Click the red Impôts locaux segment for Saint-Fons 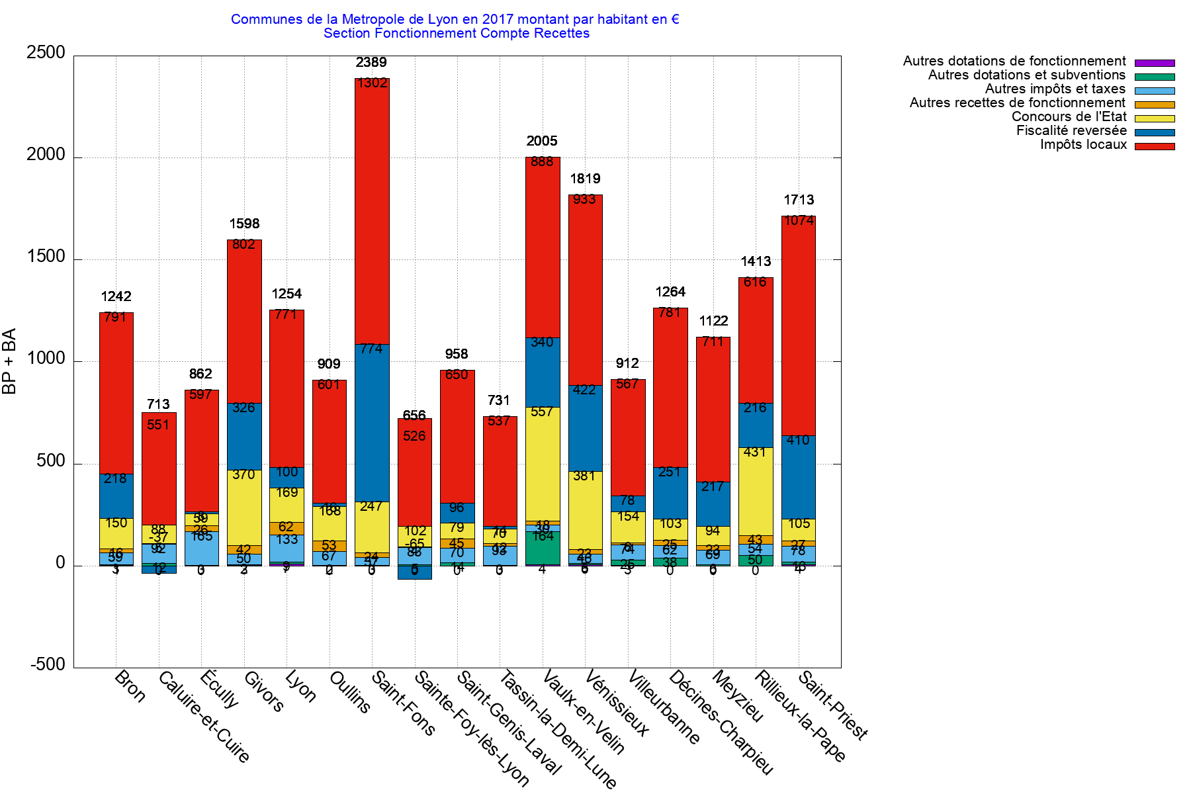[x=372, y=212]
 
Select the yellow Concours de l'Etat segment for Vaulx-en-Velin [x=543, y=463]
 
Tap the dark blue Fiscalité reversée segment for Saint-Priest [x=799, y=476]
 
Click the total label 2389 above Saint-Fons [x=371, y=62]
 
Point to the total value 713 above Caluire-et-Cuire [x=158, y=404]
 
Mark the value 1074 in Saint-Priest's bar [x=799, y=220]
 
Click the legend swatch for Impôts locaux [x=1155, y=146]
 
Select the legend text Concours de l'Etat [x=1069, y=117]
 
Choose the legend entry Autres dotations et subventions [x=1026, y=75]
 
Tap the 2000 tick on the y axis [x=46, y=155]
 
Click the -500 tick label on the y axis [x=48, y=665]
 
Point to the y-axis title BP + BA [x=9, y=361]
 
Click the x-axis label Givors [x=263, y=692]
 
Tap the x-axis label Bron [x=130, y=686]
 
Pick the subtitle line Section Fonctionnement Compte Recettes [x=457, y=33]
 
